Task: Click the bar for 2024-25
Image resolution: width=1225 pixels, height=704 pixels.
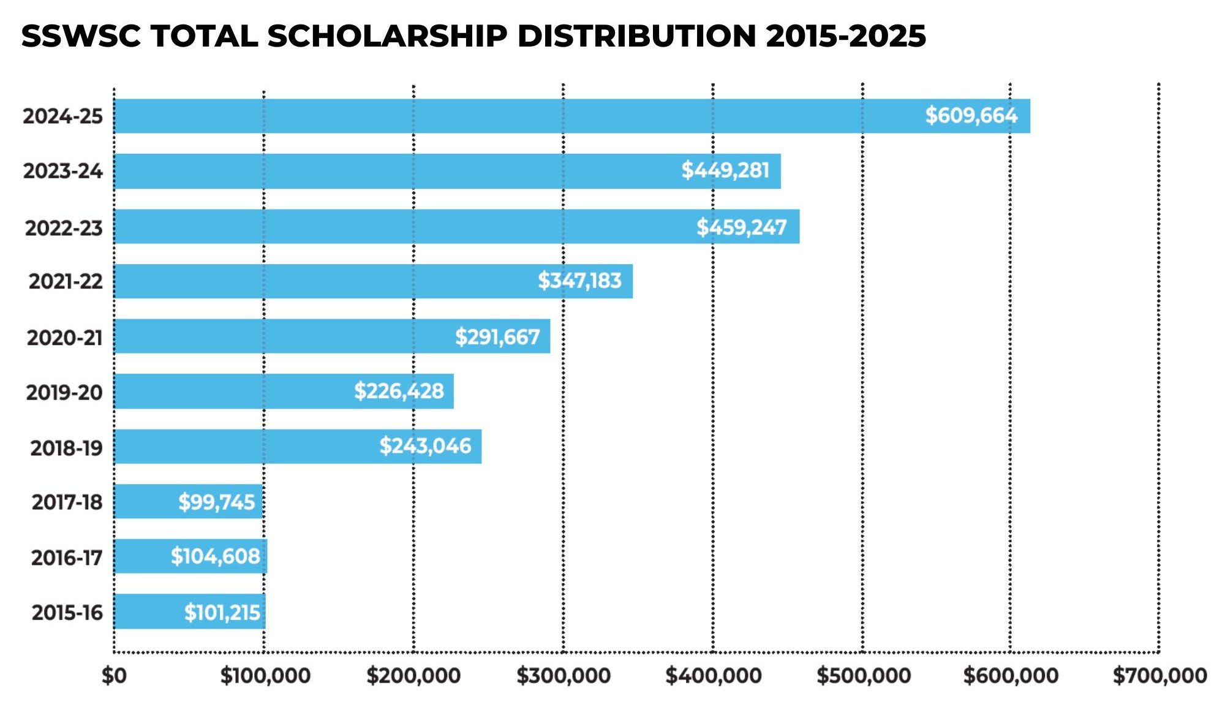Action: (x=572, y=116)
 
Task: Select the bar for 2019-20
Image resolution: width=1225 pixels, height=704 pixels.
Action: (x=284, y=391)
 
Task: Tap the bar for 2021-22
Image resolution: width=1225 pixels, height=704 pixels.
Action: (x=373, y=281)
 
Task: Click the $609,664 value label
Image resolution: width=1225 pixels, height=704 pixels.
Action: (x=971, y=115)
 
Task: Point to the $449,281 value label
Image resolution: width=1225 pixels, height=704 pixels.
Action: (x=725, y=170)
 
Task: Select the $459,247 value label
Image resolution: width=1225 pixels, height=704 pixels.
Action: (x=741, y=227)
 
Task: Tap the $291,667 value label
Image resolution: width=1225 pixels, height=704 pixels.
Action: (x=497, y=337)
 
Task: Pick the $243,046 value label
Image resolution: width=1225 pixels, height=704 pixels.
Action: (x=425, y=446)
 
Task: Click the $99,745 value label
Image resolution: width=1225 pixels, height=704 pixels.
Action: (x=216, y=502)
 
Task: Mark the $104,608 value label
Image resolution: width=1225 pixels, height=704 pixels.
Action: (x=215, y=556)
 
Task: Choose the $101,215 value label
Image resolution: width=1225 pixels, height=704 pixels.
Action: (x=222, y=613)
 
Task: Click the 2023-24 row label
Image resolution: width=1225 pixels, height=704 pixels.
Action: (x=63, y=171)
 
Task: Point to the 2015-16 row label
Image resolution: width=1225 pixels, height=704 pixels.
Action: (x=67, y=613)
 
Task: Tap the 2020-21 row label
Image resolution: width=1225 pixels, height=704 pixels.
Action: (x=64, y=338)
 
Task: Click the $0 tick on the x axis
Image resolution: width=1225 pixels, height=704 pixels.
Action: (x=114, y=676)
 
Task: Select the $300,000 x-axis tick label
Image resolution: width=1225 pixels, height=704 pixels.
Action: (x=563, y=676)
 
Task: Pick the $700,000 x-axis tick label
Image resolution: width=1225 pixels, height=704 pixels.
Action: (x=1159, y=676)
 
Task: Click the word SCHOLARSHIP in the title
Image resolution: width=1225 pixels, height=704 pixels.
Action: (x=387, y=36)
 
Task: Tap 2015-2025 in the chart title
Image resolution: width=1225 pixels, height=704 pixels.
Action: (x=846, y=36)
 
